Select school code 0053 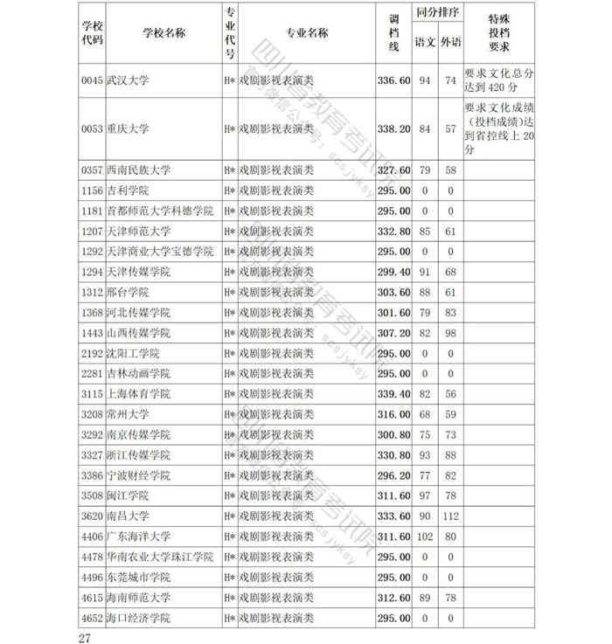coord(91,128)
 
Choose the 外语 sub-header coord(451,42)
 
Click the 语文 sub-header coord(425,42)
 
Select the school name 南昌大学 coord(128,516)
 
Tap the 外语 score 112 coord(451,516)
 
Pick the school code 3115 coord(91,394)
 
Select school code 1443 coord(91,333)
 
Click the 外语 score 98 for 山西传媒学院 coord(451,333)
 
